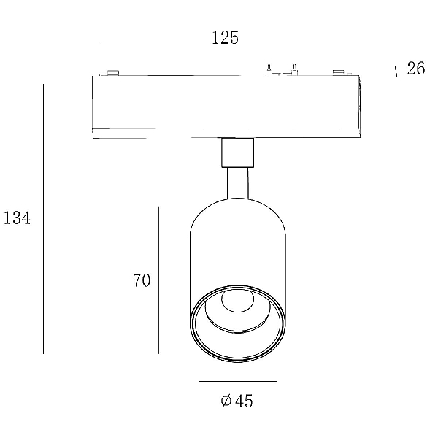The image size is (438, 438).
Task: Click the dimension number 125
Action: click(x=225, y=38)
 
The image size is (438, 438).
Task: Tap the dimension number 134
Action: click(x=17, y=218)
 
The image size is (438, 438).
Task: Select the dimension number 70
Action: click(x=142, y=280)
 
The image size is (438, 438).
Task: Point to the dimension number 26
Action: click(x=415, y=69)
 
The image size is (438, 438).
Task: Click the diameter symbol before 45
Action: click(x=226, y=401)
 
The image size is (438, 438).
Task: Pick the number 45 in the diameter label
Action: click(x=244, y=401)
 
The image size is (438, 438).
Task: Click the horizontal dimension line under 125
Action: click(x=226, y=45)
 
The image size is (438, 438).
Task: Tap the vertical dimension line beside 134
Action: click(x=43, y=219)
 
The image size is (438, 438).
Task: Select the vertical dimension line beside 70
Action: click(x=158, y=280)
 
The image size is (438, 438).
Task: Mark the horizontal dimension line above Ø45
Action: click(x=238, y=381)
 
